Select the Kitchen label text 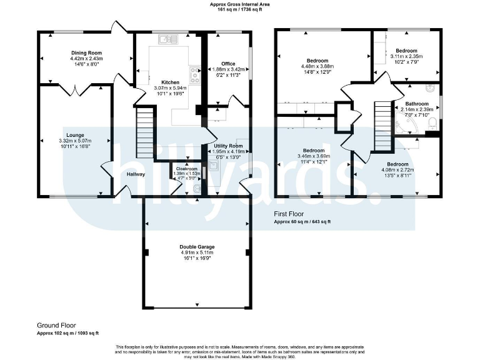(x=170, y=82)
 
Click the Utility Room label (x=227, y=146)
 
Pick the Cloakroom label (x=186, y=169)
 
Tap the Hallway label (x=136, y=174)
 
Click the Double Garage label (x=197, y=247)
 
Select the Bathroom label (x=417, y=104)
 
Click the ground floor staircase (x=145, y=133)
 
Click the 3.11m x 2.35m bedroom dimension (x=406, y=56)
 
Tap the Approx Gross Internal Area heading (x=240, y=4)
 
